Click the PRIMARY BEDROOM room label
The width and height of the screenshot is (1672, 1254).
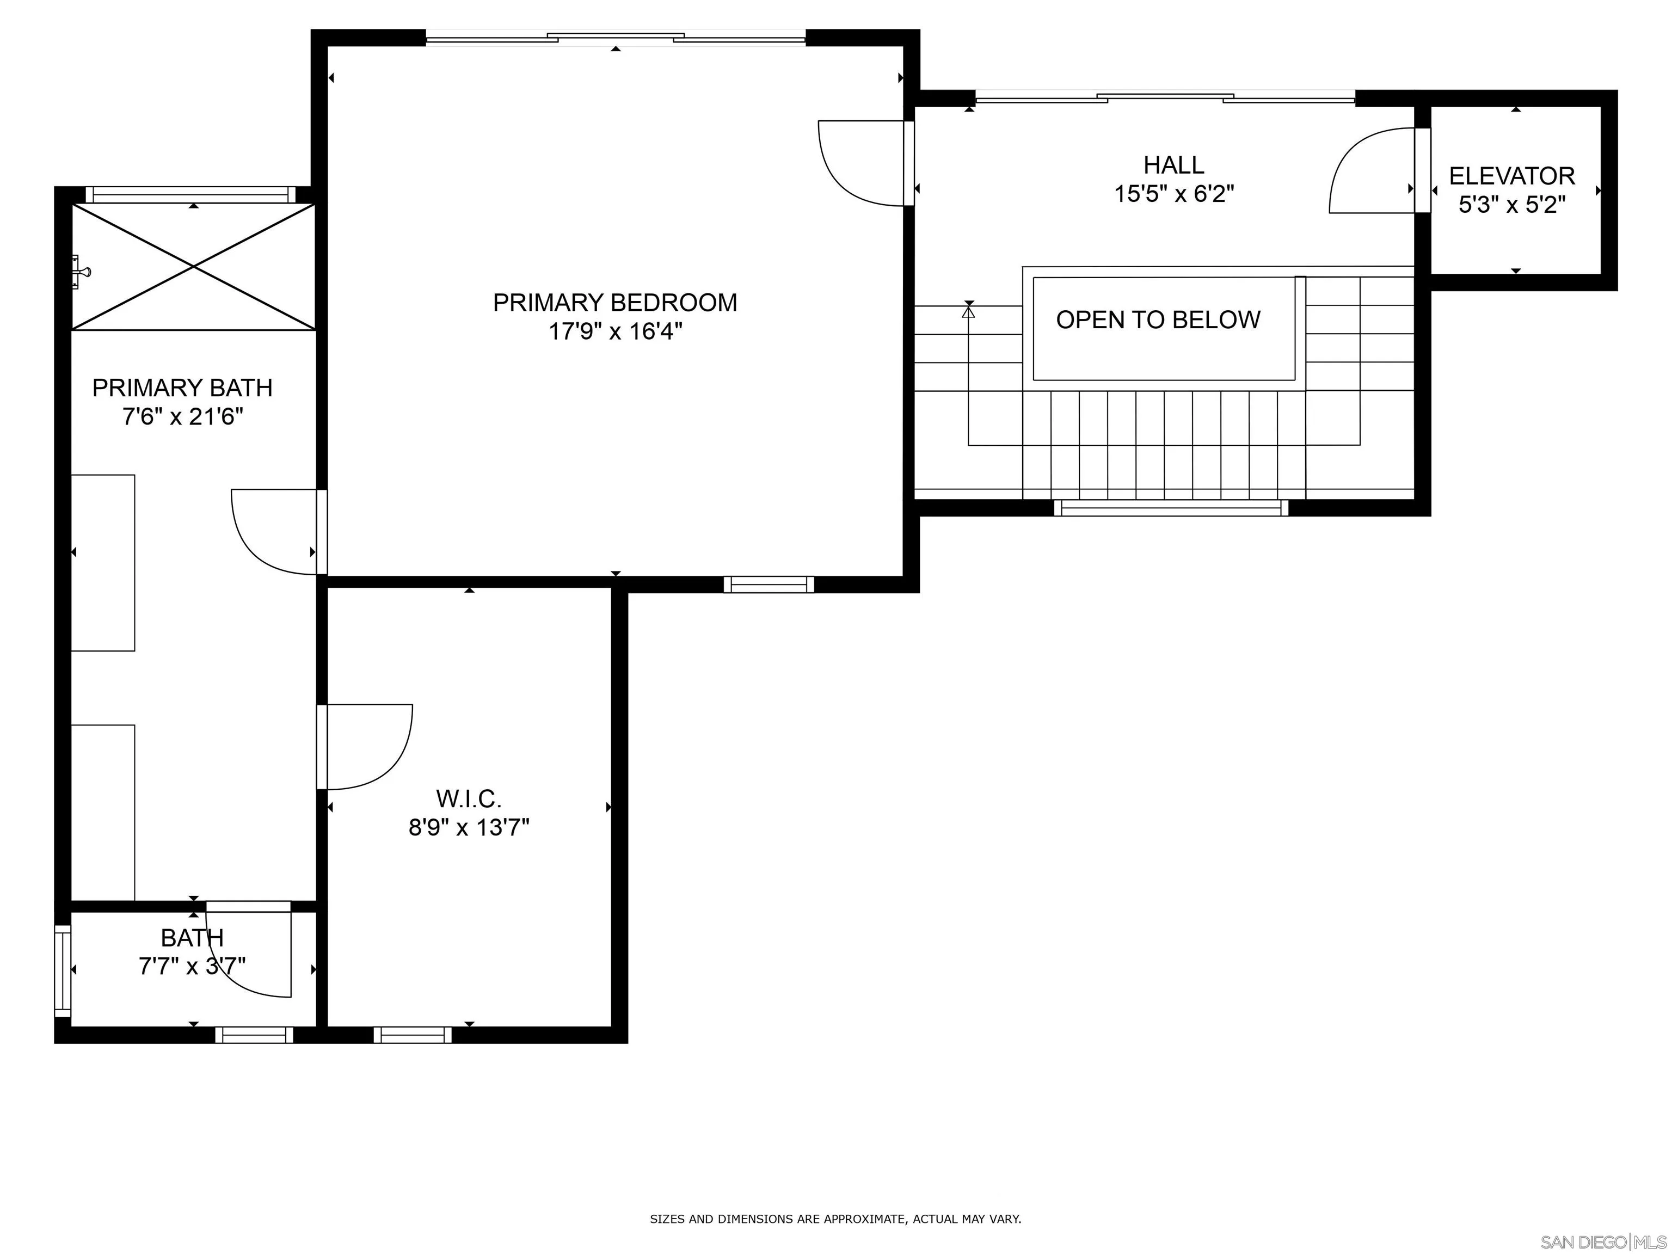[x=614, y=303]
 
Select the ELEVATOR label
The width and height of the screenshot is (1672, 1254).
[x=1512, y=176]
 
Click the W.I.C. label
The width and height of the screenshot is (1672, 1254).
[x=469, y=798]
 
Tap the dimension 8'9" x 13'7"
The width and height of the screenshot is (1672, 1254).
[x=469, y=828]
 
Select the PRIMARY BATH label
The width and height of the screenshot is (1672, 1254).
[x=182, y=388]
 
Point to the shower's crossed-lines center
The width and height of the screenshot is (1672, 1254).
[x=194, y=267]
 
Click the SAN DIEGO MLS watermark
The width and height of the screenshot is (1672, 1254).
[x=1602, y=1242]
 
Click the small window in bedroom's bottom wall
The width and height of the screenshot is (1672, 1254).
[x=768, y=585]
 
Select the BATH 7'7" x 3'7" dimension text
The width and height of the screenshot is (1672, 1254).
[x=192, y=967]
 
